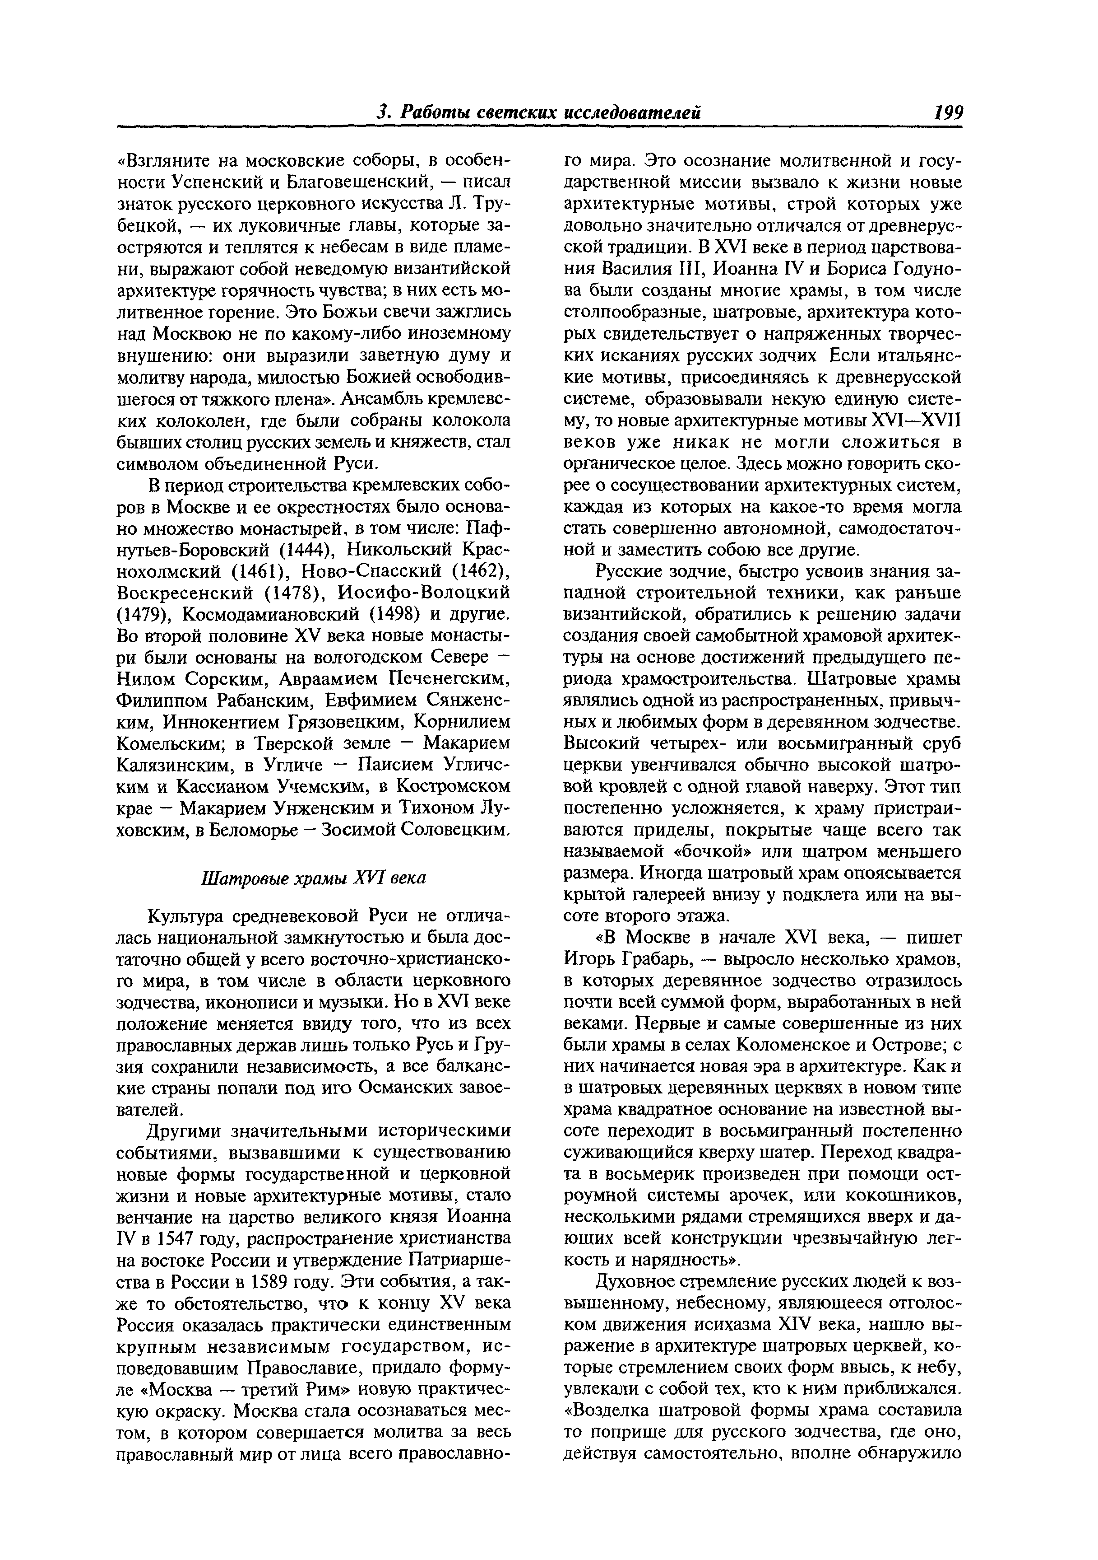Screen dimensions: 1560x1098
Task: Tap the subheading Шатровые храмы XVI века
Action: coord(314,878)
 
